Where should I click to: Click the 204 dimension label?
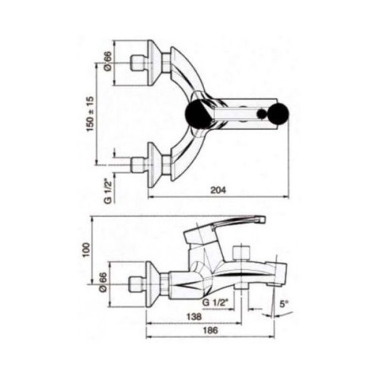pyautogui.click(x=218, y=190)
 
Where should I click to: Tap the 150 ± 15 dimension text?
pyautogui.click(x=90, y=113)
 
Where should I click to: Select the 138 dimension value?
pyautogui.click(x=194, y=317)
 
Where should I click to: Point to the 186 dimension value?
pyautogui.click(x=210, y=330)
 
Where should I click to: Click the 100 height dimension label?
pyautogui.click(x=86, y=249)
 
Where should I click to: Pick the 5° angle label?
pyautogui.click(x=283, y=304)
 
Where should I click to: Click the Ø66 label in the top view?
pyautogui.click(x=107, y=61)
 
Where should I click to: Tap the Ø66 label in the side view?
pyautogui.click(x=104, y=283)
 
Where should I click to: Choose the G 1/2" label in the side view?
pyautogui.click(x=215, y=302)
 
